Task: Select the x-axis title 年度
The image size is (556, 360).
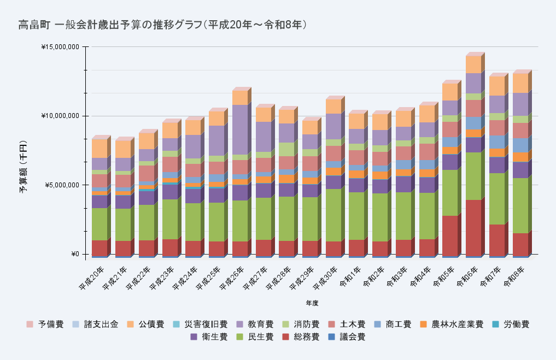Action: tap(312, 303)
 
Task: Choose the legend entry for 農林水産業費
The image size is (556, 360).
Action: tap(452, 324)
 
